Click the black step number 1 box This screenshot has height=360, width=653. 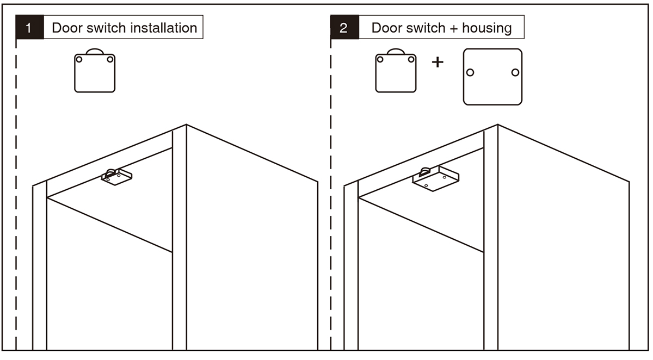[x=30, y=28]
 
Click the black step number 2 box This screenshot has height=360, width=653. [x=344, y=28]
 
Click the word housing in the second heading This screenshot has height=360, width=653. [x=487, y=28]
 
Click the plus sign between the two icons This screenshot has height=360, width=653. [x=438, y=62]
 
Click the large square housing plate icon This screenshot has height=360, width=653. [x=492, y=76]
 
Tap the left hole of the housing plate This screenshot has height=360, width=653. [x=470, y=72]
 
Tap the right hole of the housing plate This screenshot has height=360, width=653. [x=515, y=72]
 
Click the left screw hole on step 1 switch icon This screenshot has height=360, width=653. [x=79, y=60]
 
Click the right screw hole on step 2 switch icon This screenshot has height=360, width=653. [x=411, y=60]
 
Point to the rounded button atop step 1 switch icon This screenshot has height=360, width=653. [x=95, y=51]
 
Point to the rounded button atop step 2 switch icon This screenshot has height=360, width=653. [x=396, y=51]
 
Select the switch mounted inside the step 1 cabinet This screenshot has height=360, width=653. [x=116, y=177]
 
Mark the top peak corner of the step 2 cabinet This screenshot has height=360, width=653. [x=497, y=125]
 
